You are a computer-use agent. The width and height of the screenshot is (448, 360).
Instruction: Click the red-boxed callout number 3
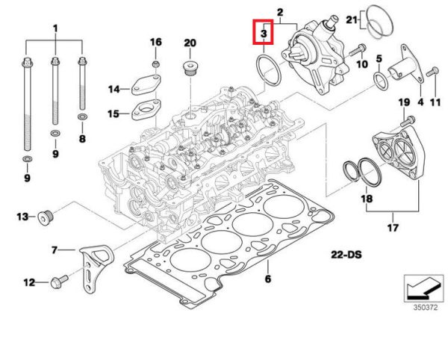pos(264,34)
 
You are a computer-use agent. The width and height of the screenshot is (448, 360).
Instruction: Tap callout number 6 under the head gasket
pos(267,280)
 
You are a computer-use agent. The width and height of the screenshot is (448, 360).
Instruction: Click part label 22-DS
pos(347,255)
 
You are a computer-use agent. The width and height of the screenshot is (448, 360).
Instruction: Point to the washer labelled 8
pos(81,117)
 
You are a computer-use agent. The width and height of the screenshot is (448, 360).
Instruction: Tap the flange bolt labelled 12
pos(59,282)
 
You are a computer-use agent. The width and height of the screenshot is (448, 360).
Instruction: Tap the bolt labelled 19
pos(407,118)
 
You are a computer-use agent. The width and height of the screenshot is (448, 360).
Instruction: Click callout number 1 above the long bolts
pos(55,28)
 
